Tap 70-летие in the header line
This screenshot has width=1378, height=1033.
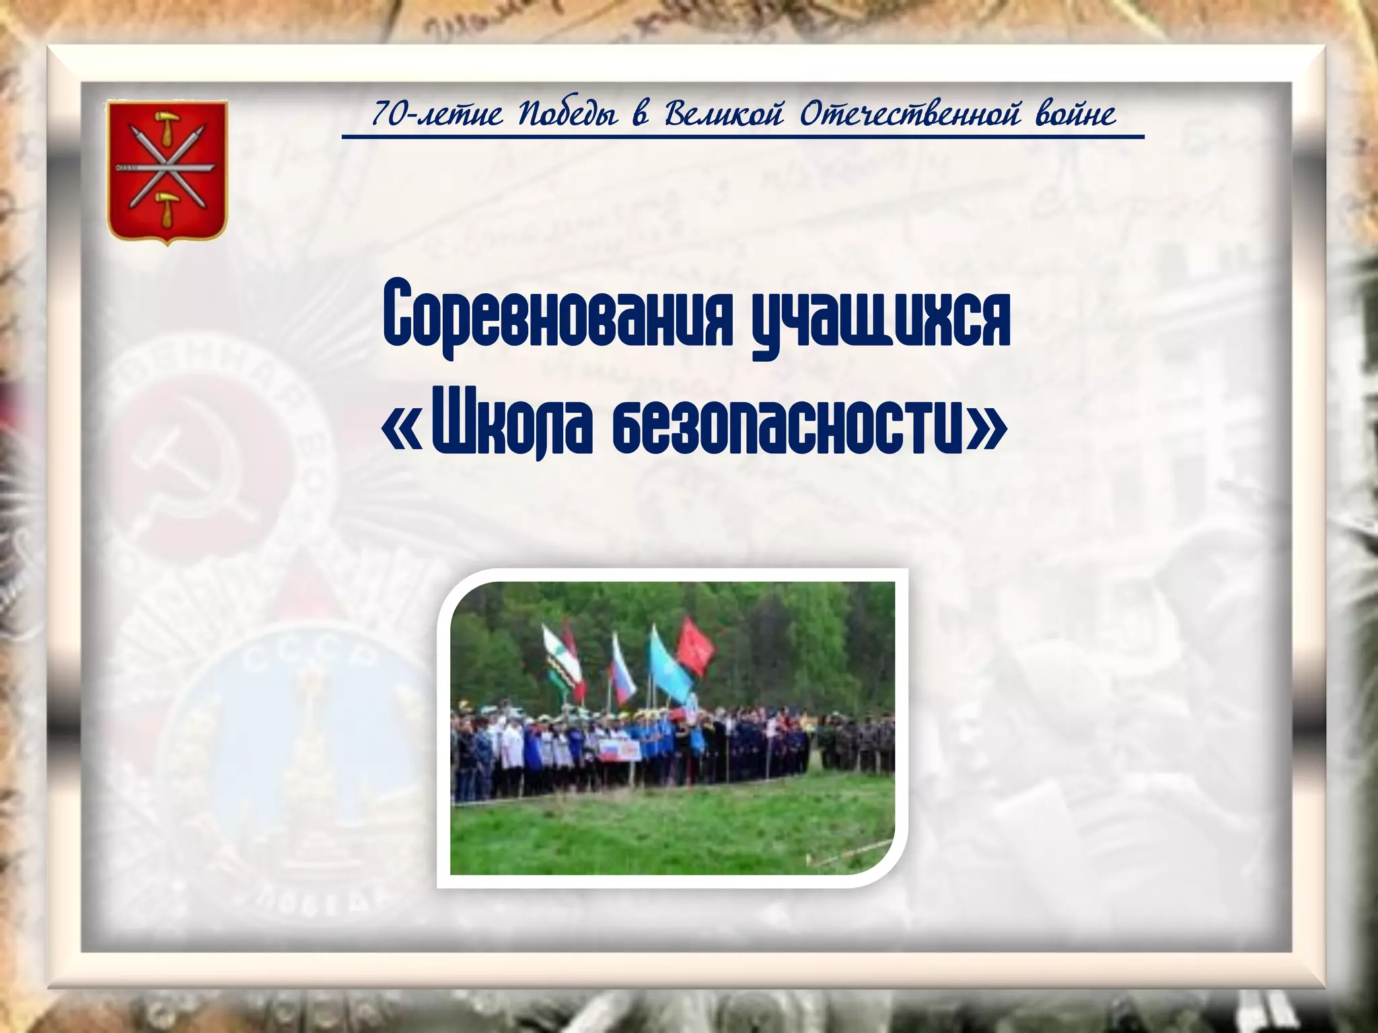pyautogui.click(x=437, y=114)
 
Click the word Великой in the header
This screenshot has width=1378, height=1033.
pyautogui.click(x=724, y=114)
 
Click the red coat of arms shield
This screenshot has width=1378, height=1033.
pyautogui.click(x=168, y=171)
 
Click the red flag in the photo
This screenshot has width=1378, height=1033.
pyautogui.click(x=694, y=646)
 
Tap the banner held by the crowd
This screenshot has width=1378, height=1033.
pyautogui.click(x=618, y=750)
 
